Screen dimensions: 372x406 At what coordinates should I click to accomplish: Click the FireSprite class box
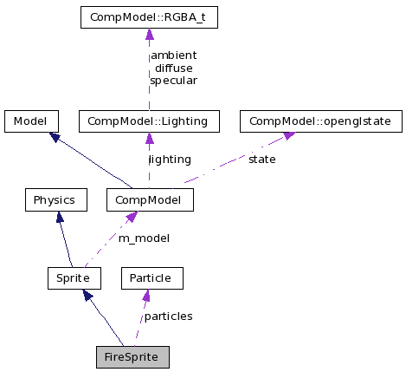(132, 356)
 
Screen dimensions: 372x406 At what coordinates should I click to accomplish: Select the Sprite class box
(74, 277)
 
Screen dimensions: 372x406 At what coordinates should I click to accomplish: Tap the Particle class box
(151, 277)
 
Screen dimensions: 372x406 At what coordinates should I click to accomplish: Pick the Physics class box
(55, 199)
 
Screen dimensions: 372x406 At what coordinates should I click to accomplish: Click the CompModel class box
(150, 199)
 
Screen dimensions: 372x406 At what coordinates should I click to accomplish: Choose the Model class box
(31, 121)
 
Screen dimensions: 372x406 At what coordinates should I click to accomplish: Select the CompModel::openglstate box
(320, 121)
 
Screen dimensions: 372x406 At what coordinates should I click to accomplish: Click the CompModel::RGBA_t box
(148, 17)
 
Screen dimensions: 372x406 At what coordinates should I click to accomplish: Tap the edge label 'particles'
(168, 316)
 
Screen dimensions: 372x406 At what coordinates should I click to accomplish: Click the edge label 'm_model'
(144, 238)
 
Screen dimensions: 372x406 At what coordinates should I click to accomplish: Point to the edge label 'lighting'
(170, 160)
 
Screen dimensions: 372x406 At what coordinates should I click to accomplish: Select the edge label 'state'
(261, 160)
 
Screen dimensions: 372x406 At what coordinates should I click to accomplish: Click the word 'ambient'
(173, 55)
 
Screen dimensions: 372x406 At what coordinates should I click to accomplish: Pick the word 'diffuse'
(172, 68)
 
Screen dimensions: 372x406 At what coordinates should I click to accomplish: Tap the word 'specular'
(173, 80)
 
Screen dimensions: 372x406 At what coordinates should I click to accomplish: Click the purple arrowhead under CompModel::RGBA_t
(149, 35)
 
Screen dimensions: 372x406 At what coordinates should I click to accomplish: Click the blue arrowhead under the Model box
(54, 137)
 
